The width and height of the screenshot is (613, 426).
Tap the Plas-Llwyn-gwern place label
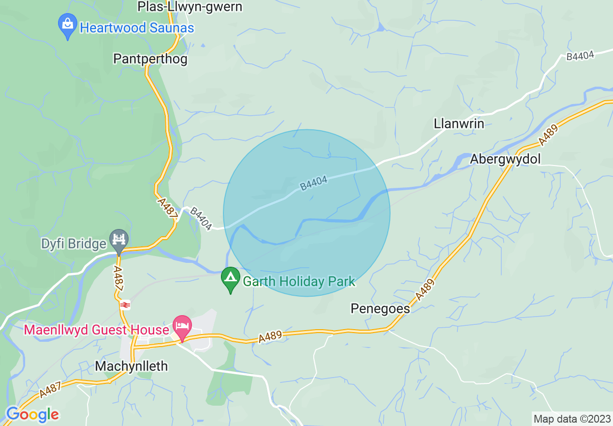point(190,7)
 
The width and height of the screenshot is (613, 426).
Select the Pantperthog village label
point(150,59)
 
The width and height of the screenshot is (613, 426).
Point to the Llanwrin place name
point(458,123)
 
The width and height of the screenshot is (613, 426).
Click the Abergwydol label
point(505,159)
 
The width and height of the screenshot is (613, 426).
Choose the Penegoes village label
point(380,308)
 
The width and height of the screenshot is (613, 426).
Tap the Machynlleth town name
point(131,366)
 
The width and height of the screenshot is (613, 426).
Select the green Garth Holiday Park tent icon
point(231,278)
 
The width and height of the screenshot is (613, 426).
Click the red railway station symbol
point(125,305)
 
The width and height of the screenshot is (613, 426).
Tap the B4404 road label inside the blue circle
point(313,183)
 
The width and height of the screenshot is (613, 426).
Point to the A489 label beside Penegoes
point(425,289)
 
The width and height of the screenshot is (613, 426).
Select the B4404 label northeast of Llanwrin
point(580,56)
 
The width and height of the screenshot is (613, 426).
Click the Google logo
point(32,414)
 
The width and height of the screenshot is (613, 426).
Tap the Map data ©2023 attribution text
point(571,418)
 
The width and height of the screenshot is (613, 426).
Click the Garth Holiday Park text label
point(299,281)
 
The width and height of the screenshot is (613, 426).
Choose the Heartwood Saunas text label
point(137,28)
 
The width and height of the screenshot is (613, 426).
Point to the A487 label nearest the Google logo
point(50,388)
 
